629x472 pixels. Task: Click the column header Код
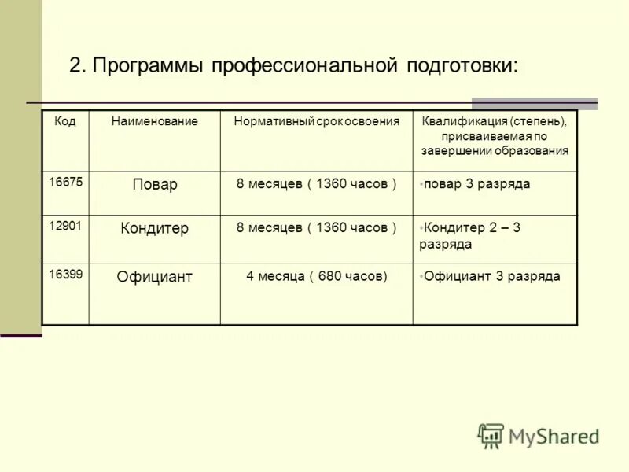tap(64, 122)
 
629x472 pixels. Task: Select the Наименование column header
tap(154, 122)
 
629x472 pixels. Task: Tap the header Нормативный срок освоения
tap(316, 122)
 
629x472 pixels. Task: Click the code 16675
tap(64, 181)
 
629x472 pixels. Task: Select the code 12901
tap(64, 225)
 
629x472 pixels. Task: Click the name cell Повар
tap(154, 185)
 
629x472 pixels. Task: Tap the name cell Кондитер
tap(154, 229)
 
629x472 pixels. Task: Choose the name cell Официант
tap(154, 277)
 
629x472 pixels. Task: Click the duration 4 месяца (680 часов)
tap(316, 277)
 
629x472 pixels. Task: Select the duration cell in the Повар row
tap(316, 184)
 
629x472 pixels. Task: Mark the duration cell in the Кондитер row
tap(316, 228)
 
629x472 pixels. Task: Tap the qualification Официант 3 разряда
tap(491, 277)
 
